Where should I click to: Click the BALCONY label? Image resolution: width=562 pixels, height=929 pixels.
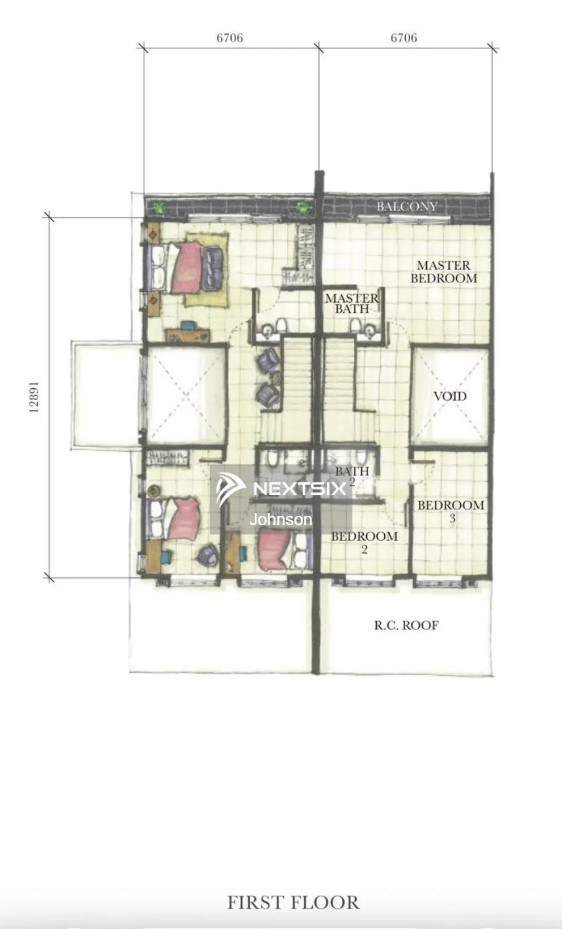pos(406,206)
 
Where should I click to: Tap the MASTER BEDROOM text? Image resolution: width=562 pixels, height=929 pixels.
pos(444,272)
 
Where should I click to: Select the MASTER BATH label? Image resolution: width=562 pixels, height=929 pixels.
pos(351,303)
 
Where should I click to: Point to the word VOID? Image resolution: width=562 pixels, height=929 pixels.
pos(450,396)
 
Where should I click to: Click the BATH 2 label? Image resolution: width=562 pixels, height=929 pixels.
pos(352,475)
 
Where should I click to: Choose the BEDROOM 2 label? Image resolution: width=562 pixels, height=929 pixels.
pos(364,542)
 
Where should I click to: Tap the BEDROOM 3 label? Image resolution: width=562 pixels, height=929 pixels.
pos(450,511)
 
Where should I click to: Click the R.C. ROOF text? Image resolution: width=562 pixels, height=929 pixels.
pos(406,626)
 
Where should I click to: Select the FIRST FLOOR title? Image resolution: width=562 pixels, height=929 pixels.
pos(293,902)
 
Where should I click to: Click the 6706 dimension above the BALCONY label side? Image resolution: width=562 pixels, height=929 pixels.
pos(403,38)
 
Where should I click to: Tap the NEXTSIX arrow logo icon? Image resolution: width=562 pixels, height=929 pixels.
pos(230,489)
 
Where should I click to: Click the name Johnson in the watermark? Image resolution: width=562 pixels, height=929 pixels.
pos(281,520)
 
